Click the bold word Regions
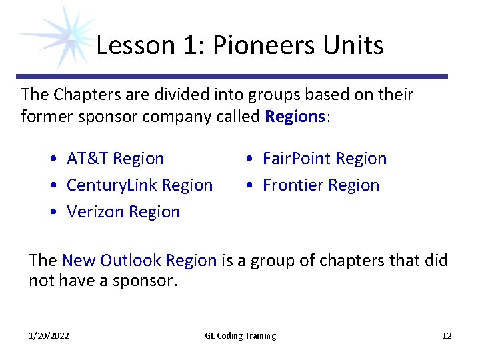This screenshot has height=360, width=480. [x=294, y=117]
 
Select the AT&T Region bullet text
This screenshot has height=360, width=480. [x=115, y=159]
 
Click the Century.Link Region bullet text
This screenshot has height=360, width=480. [x=140, y=185]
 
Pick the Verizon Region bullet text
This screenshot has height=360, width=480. [x=123, y=212]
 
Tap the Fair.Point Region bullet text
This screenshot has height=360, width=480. [x=325, y=159]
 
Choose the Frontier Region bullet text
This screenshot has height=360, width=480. [x=321, y=185]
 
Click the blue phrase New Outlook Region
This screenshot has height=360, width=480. [x=139, y=261]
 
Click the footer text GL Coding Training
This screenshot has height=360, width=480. [x=240, y=336]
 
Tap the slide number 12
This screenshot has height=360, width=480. [x=447, y=336]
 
